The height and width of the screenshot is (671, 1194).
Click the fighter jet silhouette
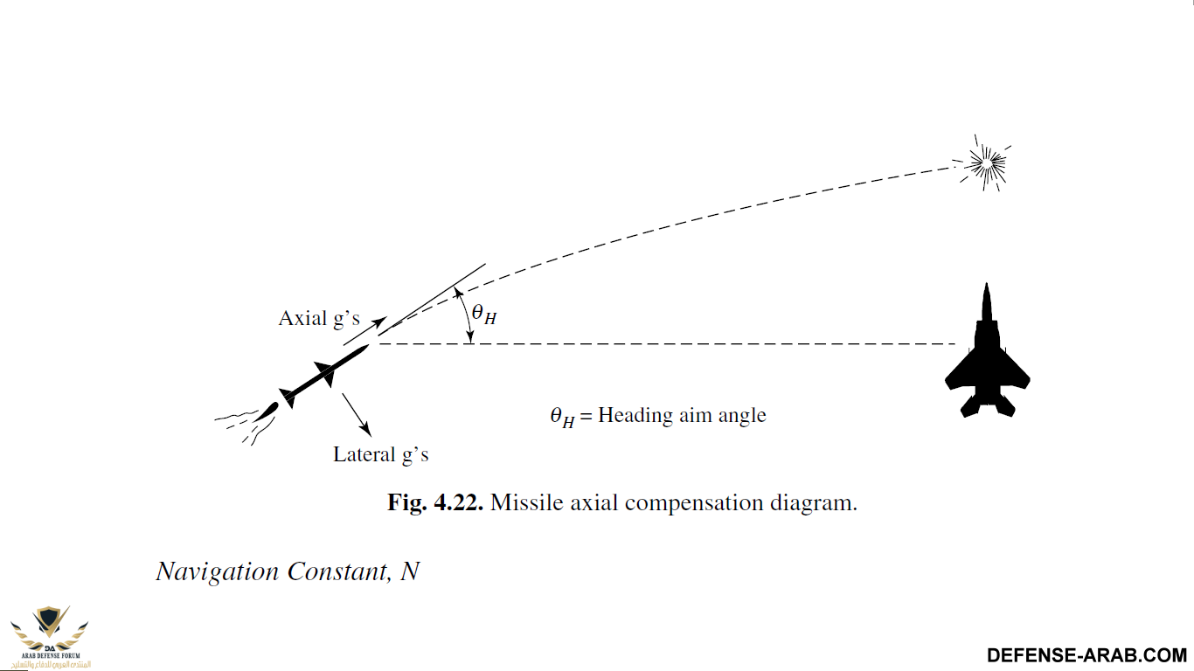pyautogui.click(x=987, y=358)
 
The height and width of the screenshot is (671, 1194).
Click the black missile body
pyautogui.click(x=323, y=372)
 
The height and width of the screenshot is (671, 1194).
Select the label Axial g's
pyautogui.click(x=319, y=318)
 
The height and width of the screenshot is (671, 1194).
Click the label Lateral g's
pyautogui.click(x=381, y=454)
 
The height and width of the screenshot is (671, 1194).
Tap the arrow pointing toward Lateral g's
pyautogui.click(x=356, y=414)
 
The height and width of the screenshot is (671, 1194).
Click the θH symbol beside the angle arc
pyautogui.click(x=483, y=314)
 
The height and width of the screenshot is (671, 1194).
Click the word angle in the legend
pyautogui.click(x=741, y=416)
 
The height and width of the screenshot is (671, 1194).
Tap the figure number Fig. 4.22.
pyautogui.click(x=435, y=503)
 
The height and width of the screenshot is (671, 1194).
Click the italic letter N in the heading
pyautogui.click(x=409, y=571)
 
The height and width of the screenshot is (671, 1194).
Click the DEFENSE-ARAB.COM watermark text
pyautogui.click(x=1086, y=655)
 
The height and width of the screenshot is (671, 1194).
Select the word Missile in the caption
pyautogui.click(x=523, y=503)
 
